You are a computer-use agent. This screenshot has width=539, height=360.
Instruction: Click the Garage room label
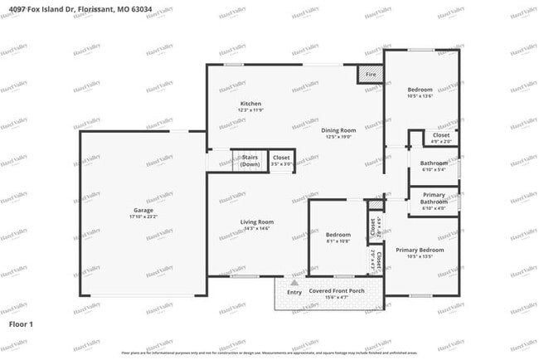[143, 211]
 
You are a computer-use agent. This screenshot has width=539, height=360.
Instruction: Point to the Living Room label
[256, 221]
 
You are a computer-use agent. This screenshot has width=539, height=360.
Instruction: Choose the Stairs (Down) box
[250, 160]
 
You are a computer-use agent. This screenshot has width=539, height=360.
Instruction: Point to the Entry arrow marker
[293, 282]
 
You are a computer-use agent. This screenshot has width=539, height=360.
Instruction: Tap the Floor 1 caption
[21, 323]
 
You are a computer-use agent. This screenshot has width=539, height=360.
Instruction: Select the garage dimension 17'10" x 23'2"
[143, 216]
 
